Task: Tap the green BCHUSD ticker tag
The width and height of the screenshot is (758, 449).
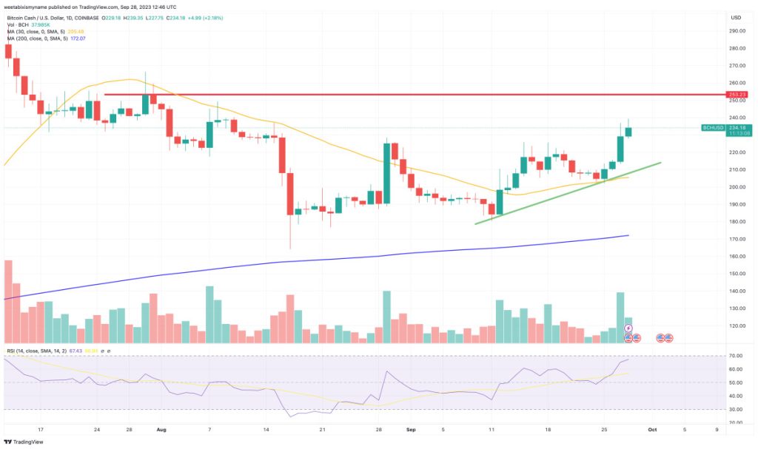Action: pyautogui.click(x=713, y=128)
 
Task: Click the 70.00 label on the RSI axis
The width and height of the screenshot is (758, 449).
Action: pyautogui.click(x=735, y=357)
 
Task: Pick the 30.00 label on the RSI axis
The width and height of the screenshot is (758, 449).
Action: pyautogui.click(x=735, y=409)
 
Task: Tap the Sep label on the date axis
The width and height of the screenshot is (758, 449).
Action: pyautogui.click(x=410, y=428)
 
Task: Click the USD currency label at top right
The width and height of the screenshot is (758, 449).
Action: pyautogui.click(x=735, y=17)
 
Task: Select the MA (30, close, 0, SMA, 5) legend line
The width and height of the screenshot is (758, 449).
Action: pyautogui.click(x=44, y=31)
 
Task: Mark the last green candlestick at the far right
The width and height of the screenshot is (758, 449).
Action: pyautogui.click(x=628, y=131)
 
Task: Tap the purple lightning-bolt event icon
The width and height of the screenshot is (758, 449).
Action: pyautogui.click(x=628, y=328)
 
